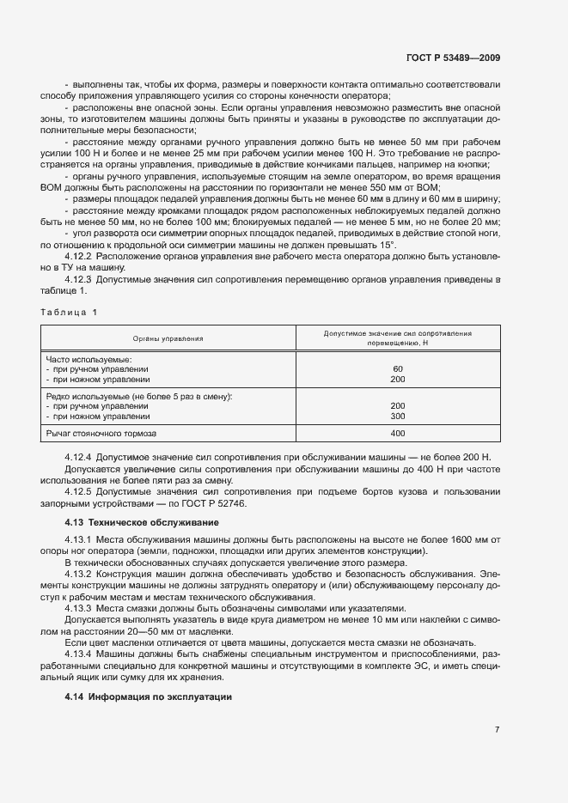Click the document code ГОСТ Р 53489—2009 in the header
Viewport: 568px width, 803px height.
(452, 58)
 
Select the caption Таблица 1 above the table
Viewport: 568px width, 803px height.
(69, 312)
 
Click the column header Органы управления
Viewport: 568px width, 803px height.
(168, 338)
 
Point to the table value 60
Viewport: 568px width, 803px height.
(397, 368)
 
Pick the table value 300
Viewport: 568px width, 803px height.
(397, 416)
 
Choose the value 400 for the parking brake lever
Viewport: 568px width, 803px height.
(397, 433)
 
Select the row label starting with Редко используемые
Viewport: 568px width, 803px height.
(138, 396)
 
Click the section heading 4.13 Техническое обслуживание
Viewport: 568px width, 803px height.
(142, 522)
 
